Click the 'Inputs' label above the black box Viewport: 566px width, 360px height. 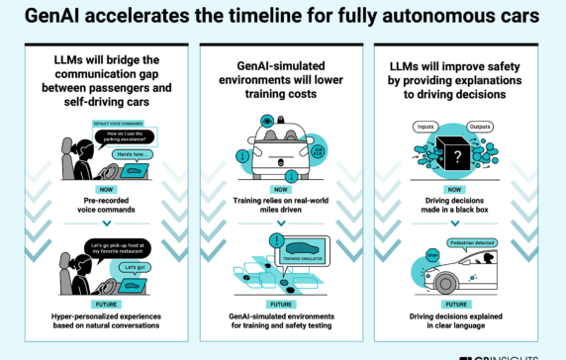[426, 126]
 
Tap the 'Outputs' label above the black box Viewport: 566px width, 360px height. [482, 126]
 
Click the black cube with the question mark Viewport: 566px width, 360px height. [455, 156]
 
